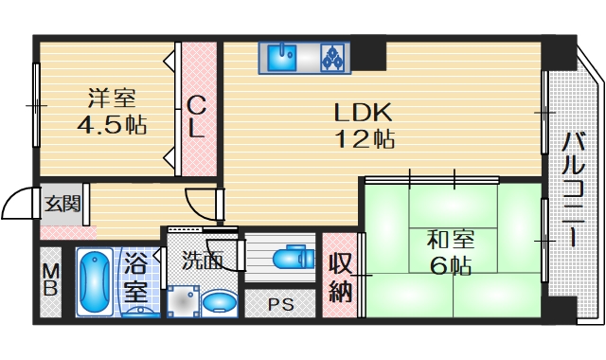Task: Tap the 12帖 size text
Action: [x=363, y=138]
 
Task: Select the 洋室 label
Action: [x=112, y=98]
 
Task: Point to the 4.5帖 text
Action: [x=112, y=125]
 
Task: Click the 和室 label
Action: [x=450, y=239]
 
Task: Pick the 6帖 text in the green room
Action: [x=450, y=266]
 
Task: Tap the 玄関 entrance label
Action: [x=62, y=203]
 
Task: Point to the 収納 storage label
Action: [x=340, y=277]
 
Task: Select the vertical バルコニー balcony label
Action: [x=571, y=189]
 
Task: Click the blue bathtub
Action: [x=94, y=281]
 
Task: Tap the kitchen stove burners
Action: [x=333, y=58]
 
